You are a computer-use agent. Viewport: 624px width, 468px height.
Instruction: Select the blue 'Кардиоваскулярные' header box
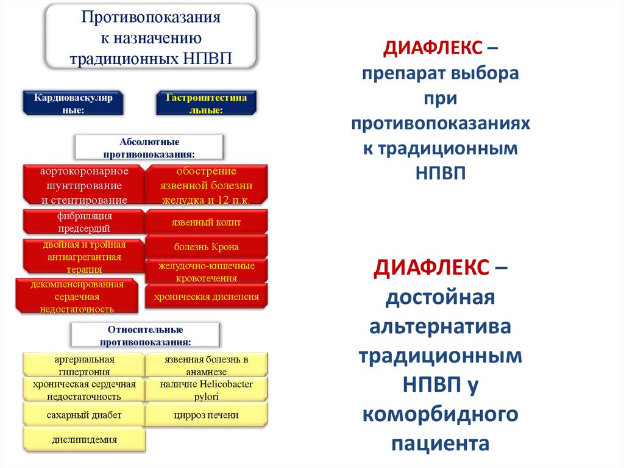click(x=73, y=103)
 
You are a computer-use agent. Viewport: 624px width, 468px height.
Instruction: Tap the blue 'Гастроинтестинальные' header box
click(x=206, y=103)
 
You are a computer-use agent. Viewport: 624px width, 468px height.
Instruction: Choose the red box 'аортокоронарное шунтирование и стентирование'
click(x=84, y=184)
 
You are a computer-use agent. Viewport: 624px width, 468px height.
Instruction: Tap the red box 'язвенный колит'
click(x=206, y=222)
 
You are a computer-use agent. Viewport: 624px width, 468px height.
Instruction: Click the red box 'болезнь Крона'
click(x=206, y=247)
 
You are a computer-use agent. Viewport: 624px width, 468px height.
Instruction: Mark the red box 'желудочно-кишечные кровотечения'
click(x=206, y=272)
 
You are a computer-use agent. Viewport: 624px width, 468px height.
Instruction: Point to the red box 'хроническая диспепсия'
click(x=206, y=297)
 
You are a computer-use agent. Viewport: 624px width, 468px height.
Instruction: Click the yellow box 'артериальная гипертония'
click(x=84, y=365)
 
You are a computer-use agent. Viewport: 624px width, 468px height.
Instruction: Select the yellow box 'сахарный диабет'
click(x=84, y=415)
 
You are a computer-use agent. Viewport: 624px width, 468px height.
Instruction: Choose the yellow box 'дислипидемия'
click(x=84, y=439)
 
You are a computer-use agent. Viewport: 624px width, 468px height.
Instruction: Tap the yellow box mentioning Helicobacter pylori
click(x=206, y=390)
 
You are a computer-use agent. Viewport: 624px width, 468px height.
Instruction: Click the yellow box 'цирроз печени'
click(x=206, y=415)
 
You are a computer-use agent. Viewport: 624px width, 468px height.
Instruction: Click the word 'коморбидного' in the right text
click(x=441, y=416)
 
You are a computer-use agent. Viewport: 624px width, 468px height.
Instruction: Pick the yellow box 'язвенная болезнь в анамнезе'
click(x=206, y=365)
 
